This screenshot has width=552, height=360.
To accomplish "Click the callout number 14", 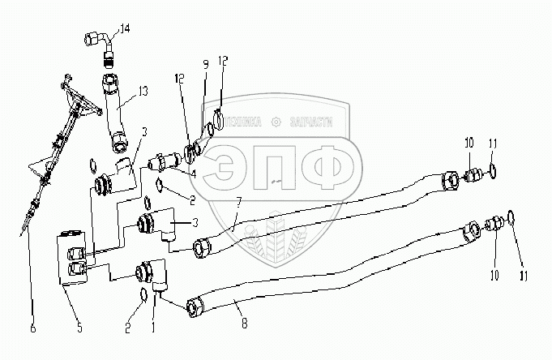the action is (x=123, y=29).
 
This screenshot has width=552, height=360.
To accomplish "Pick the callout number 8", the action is (x=234, y=306).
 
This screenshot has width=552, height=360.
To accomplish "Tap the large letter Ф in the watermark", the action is (x=323, y=166).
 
